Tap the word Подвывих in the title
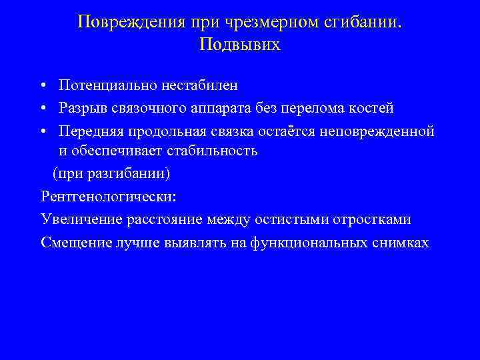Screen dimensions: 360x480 tap(240, 45)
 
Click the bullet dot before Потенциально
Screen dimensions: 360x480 tap(43, 86)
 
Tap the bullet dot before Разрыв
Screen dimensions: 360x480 tap(43, 108)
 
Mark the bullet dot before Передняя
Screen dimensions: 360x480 tap(43, 130)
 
